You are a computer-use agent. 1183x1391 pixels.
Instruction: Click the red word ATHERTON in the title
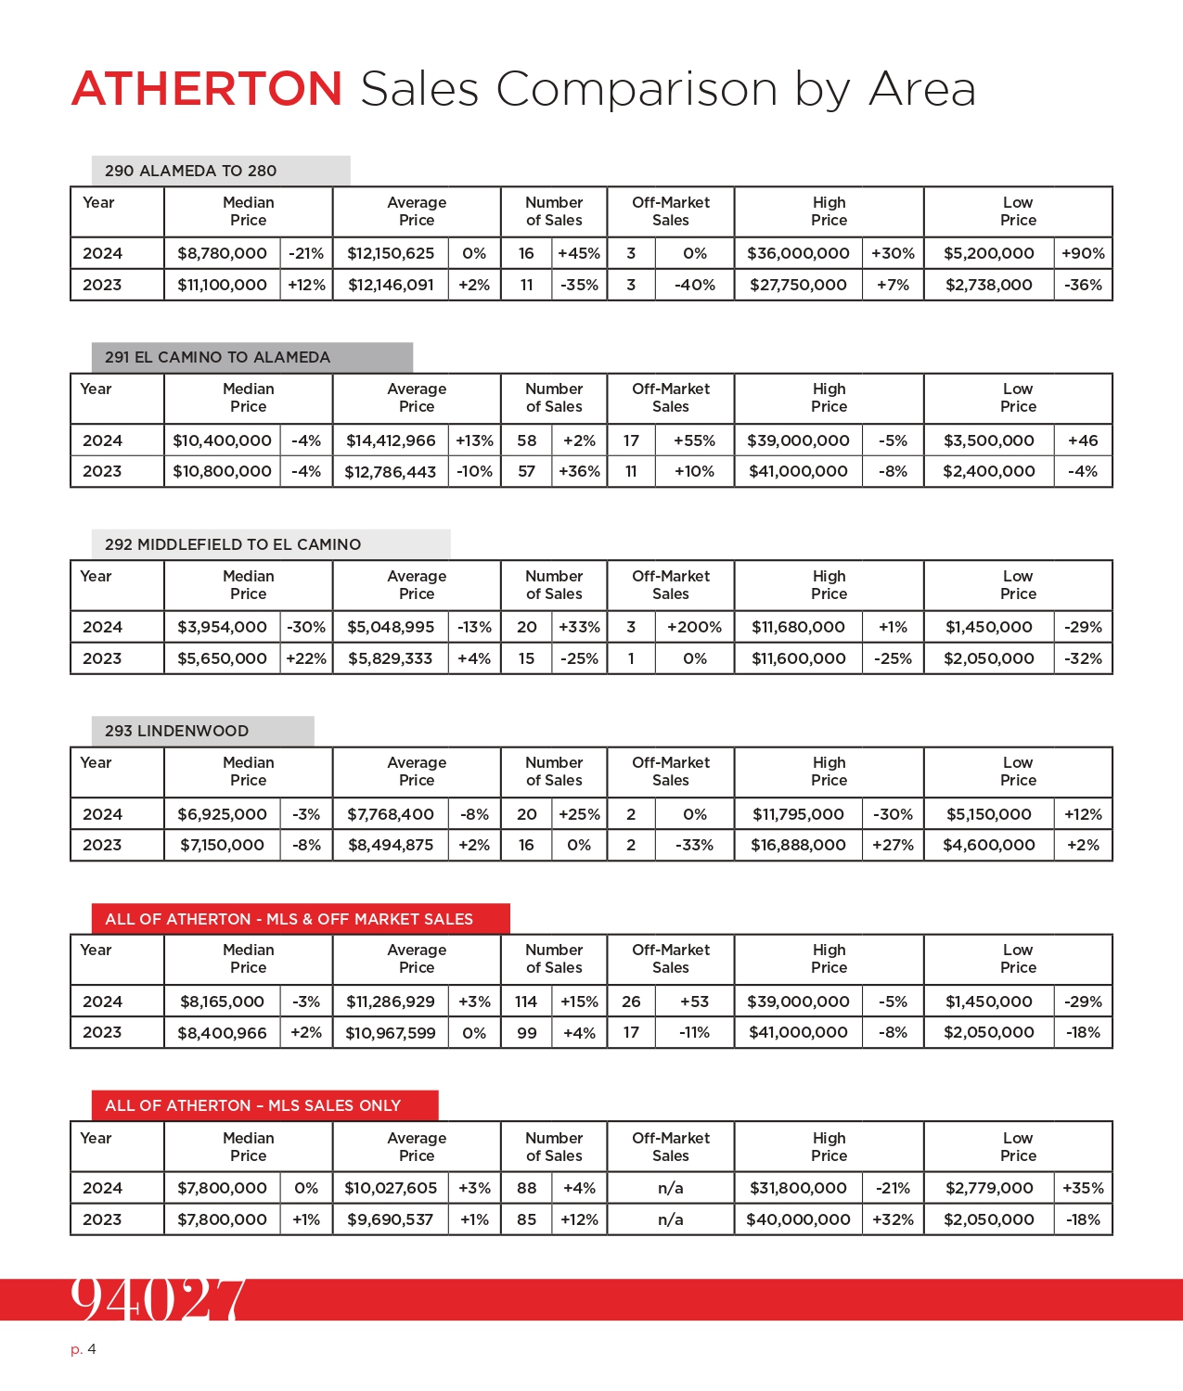tap(207, 89)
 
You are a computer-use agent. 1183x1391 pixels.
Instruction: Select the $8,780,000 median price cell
tap(222, 253)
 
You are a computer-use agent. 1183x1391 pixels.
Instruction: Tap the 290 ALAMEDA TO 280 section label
tap(190, 171)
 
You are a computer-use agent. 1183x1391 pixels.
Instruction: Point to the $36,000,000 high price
tap(798, 253)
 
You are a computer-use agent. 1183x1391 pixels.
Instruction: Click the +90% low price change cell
tap(1083, 253)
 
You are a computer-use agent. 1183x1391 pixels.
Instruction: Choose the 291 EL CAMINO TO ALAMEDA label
tap(217, 357)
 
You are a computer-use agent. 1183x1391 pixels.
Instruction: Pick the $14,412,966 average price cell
tap(391, 440)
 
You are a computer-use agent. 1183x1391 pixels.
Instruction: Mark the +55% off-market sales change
tap(694, 440)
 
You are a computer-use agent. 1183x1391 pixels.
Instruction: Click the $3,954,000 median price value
tap(222, 627)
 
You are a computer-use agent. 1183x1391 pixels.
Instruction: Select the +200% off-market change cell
tap(694, 627)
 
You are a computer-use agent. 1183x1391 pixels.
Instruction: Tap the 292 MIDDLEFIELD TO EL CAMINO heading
tap(233, 544)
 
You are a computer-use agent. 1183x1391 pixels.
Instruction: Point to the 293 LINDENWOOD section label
tap(176, 731)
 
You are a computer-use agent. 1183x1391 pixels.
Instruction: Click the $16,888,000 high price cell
tap(798, 845)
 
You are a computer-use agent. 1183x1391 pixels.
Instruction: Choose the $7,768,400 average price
tap(391, 814)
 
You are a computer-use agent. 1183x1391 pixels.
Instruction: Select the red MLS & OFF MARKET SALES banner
tap(300, 919)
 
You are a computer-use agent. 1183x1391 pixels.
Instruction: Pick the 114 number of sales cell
tap(526, 1002)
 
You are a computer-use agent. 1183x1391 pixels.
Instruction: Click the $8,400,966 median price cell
tap(222, 1033)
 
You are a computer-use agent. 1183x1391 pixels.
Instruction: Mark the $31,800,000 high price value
tap(798, 1188)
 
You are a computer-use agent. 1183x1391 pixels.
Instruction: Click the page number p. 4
tap(84, 1349)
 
